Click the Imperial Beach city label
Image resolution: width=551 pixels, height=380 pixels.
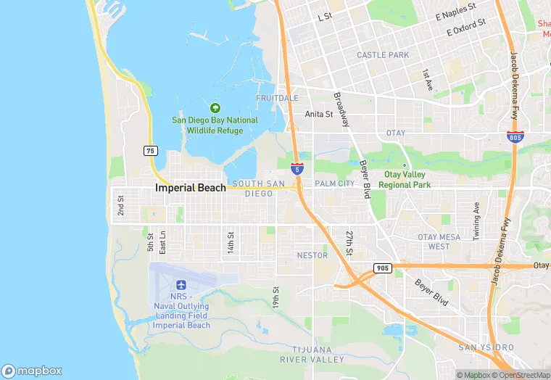click(191, 188)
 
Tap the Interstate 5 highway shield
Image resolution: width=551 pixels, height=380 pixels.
click(297, 169)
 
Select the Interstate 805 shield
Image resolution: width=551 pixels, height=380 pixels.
click(514, 136)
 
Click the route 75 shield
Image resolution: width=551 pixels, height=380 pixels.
click(150, 151)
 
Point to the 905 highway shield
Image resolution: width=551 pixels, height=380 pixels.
click(383, 268)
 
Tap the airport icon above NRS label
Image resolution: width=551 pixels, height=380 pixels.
click(181, 284)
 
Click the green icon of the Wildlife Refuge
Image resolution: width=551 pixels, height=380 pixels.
click(215, 108)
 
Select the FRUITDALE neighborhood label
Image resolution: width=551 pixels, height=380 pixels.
click(277, 98)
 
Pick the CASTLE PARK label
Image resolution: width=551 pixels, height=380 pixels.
click(383, 55)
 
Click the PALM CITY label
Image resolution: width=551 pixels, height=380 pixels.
click(334, 184)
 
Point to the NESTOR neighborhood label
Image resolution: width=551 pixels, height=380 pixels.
click(312, 255)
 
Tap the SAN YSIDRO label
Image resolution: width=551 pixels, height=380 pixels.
click(486, 348)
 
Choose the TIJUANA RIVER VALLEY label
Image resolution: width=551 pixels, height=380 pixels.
click(318, 355)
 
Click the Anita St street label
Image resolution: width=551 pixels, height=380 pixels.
click(318, 114)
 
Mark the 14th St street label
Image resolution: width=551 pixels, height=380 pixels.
click(231, 241)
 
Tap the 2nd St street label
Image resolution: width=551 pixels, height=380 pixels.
click(121, 205)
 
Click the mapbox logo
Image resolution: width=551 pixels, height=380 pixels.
click(32, 371)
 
